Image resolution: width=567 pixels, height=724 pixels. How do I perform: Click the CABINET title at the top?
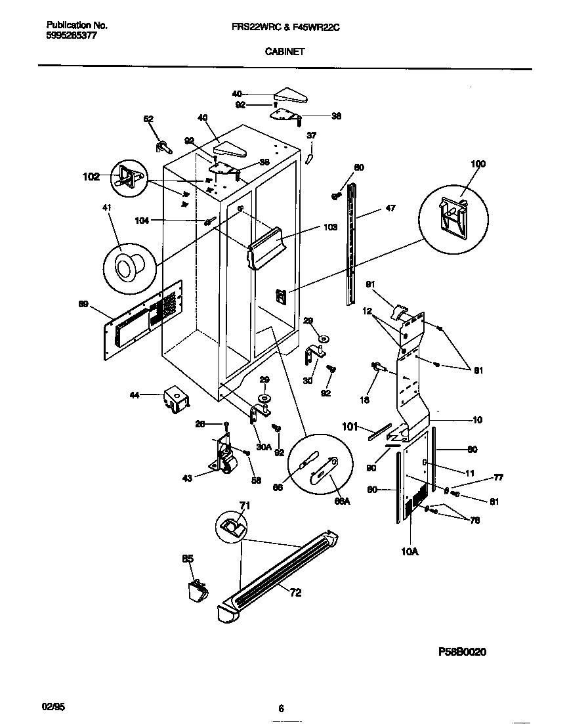[x=284, y=51]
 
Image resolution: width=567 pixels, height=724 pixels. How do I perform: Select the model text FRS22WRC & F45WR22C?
[x=285, y=26]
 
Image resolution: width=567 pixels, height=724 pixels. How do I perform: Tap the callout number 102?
[x=91, y=176]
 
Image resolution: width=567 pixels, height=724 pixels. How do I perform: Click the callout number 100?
[x=478, y=163]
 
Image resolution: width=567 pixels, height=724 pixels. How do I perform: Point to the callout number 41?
[x=106, y=208]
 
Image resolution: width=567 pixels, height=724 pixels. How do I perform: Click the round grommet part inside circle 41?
[x=125, y=266]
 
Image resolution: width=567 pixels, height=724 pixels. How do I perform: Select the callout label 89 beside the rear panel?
[x=83, y=303]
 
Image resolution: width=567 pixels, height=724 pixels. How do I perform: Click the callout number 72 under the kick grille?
[x=296, y=593]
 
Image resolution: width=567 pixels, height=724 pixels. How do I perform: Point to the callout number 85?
[x=187, y=559]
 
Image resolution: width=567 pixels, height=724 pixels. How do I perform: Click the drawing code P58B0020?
[x=462, y=652]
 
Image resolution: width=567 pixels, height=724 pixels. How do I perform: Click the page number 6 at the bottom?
[x=281, y=708]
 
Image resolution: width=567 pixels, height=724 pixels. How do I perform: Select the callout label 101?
[x=350, y=426]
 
